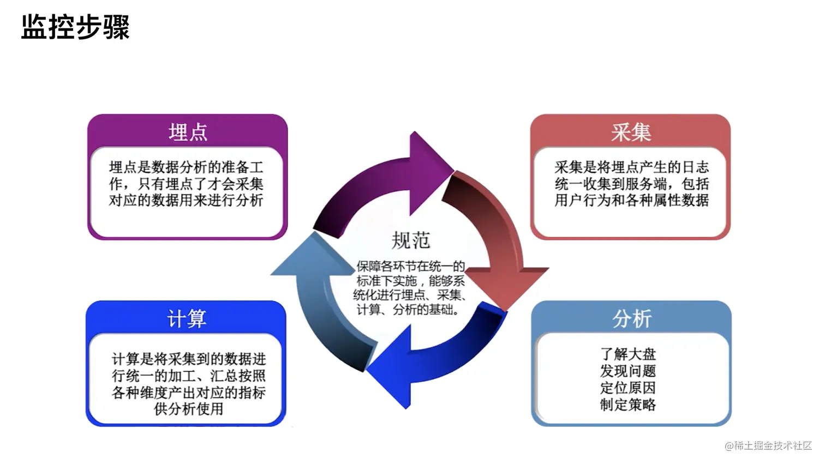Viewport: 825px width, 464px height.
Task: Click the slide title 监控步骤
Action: click(75, 27)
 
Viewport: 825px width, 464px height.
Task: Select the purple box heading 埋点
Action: click(188, 132)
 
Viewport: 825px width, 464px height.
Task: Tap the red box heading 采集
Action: click(631, 132)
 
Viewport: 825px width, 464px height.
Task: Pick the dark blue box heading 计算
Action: click(187, 319)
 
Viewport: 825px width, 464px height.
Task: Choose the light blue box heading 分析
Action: click(632, 319)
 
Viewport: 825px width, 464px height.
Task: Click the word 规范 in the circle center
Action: click(411, 240)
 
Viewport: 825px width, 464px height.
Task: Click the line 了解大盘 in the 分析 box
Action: click(628, 354)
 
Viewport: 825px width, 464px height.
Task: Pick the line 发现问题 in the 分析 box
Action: click(628, 371)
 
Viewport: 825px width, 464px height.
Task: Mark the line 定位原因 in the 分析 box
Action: click(628, 388)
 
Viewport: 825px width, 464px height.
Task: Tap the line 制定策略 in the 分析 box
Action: click(628, 405)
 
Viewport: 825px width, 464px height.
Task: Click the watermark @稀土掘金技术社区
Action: click(768, 446)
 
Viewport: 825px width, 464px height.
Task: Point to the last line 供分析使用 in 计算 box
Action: click(189, 409)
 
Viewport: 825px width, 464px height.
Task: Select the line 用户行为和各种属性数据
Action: click(632, 201)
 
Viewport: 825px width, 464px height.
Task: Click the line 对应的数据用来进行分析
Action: click(187, 201)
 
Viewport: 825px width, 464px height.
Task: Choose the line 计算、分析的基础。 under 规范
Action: click(408, 310)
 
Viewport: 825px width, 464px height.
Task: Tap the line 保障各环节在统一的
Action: click(410, 267)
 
